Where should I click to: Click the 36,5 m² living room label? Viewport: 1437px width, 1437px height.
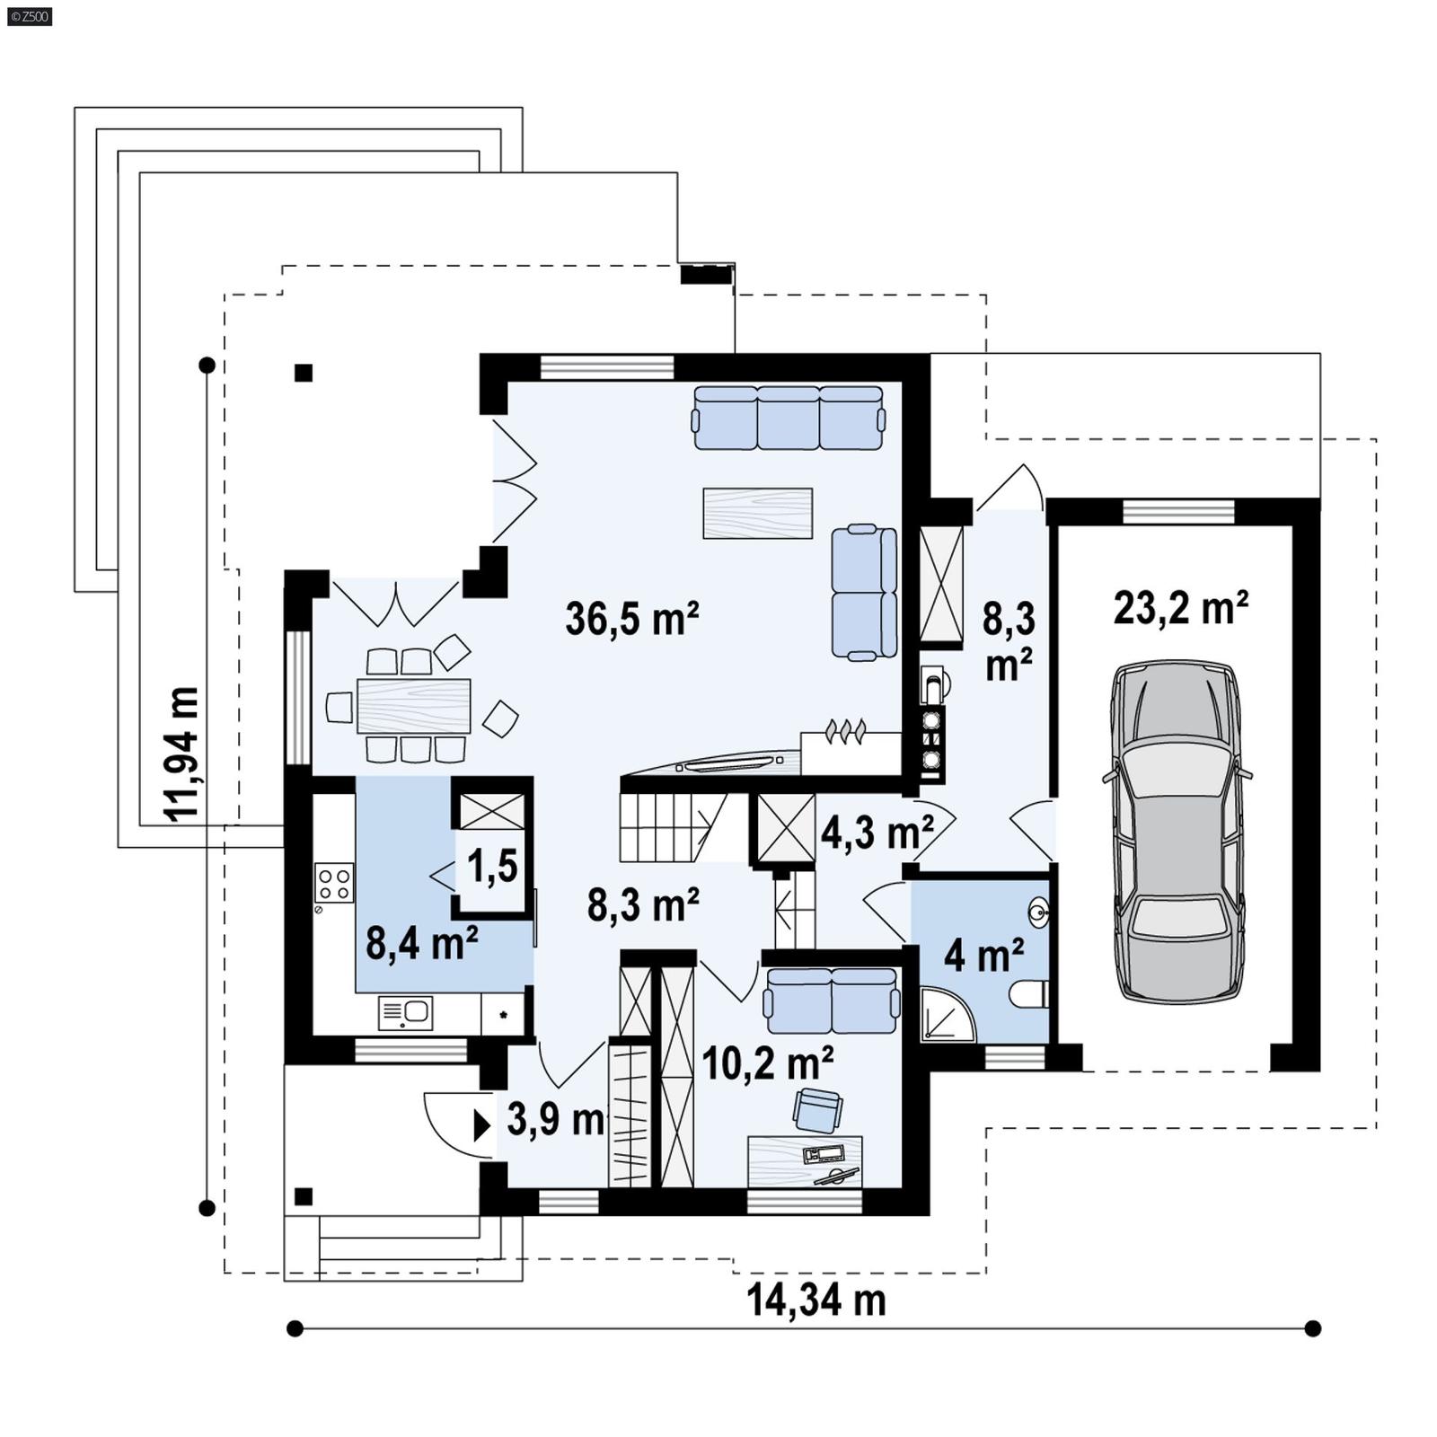[x=631, y=620]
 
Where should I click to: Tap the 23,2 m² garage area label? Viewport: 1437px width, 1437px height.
[x=1180, y=608]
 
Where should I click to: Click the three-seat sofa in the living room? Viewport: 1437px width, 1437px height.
[x=788, y=418]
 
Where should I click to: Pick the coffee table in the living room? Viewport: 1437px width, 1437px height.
[x=757, y=513]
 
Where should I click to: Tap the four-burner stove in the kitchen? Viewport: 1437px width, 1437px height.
[x=333, y=882]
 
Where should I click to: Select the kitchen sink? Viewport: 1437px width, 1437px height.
[x=406, y=1013]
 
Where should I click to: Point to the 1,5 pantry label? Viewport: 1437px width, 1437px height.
[x=492, y=867]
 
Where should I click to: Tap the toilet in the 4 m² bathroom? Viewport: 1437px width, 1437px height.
[x=1031, y=993]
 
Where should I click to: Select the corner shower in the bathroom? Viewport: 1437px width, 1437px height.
[x=945, y=1017]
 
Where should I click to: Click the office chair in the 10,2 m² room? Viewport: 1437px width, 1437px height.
[x=817, y=1110]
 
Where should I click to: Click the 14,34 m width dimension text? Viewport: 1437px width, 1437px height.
[x=815, y=1300]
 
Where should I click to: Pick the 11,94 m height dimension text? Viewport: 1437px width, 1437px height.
[x=182, y=753]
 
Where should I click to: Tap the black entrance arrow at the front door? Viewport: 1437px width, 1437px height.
[x=481, y=1124]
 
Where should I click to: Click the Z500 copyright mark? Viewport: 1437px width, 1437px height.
[x=29, y=15]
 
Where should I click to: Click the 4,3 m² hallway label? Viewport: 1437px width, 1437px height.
[x=877, y=833]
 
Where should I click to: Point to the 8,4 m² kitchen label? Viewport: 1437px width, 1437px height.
[x=421, y=943]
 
